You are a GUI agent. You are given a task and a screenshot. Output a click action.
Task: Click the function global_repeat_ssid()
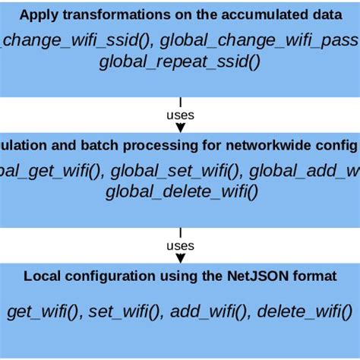tap(179, 61)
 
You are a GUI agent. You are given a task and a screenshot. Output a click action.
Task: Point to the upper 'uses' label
tap(180, 115)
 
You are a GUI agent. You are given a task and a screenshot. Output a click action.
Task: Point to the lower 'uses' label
tap(180, 247)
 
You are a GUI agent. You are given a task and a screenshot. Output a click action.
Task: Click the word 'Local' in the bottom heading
tap(40, 276)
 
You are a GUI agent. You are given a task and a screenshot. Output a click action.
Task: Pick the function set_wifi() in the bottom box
tap(124, 311)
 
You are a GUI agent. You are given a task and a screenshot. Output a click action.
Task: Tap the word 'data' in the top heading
tap(317, 14)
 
